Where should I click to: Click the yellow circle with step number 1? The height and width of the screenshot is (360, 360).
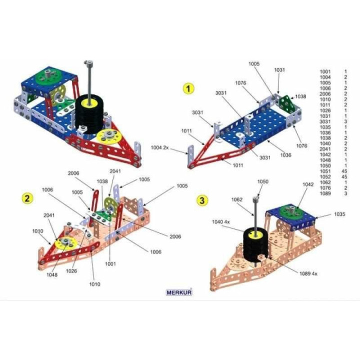pos(188,88)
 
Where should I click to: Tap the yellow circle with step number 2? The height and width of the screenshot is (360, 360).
pos(27,198)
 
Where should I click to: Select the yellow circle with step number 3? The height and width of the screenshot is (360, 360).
pos(202,200)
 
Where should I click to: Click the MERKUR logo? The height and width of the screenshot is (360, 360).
pos(179,292)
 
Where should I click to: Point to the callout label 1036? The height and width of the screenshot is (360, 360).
pos(285,155)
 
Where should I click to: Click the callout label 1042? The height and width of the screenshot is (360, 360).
pos(308,184)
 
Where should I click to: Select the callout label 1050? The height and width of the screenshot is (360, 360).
pos(262,181)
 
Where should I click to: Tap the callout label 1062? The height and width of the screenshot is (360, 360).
pos(236,199)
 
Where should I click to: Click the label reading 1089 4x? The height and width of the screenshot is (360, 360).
pos(308,273)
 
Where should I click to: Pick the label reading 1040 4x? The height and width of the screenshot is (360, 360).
pos(220,221)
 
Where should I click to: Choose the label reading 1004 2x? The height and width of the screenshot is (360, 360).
pos(159,147)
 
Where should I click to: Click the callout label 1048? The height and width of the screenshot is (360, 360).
pos(52,275)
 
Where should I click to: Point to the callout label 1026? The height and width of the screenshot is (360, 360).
pos(71,271)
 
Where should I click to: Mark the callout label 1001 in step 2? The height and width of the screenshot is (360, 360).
pos(110,264)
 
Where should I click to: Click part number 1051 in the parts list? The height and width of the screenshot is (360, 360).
pos(325,171)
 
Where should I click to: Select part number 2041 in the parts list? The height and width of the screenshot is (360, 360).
pos(325,149)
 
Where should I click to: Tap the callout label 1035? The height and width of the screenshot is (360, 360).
pos(339,214)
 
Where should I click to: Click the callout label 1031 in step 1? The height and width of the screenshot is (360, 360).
pos(279,70)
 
